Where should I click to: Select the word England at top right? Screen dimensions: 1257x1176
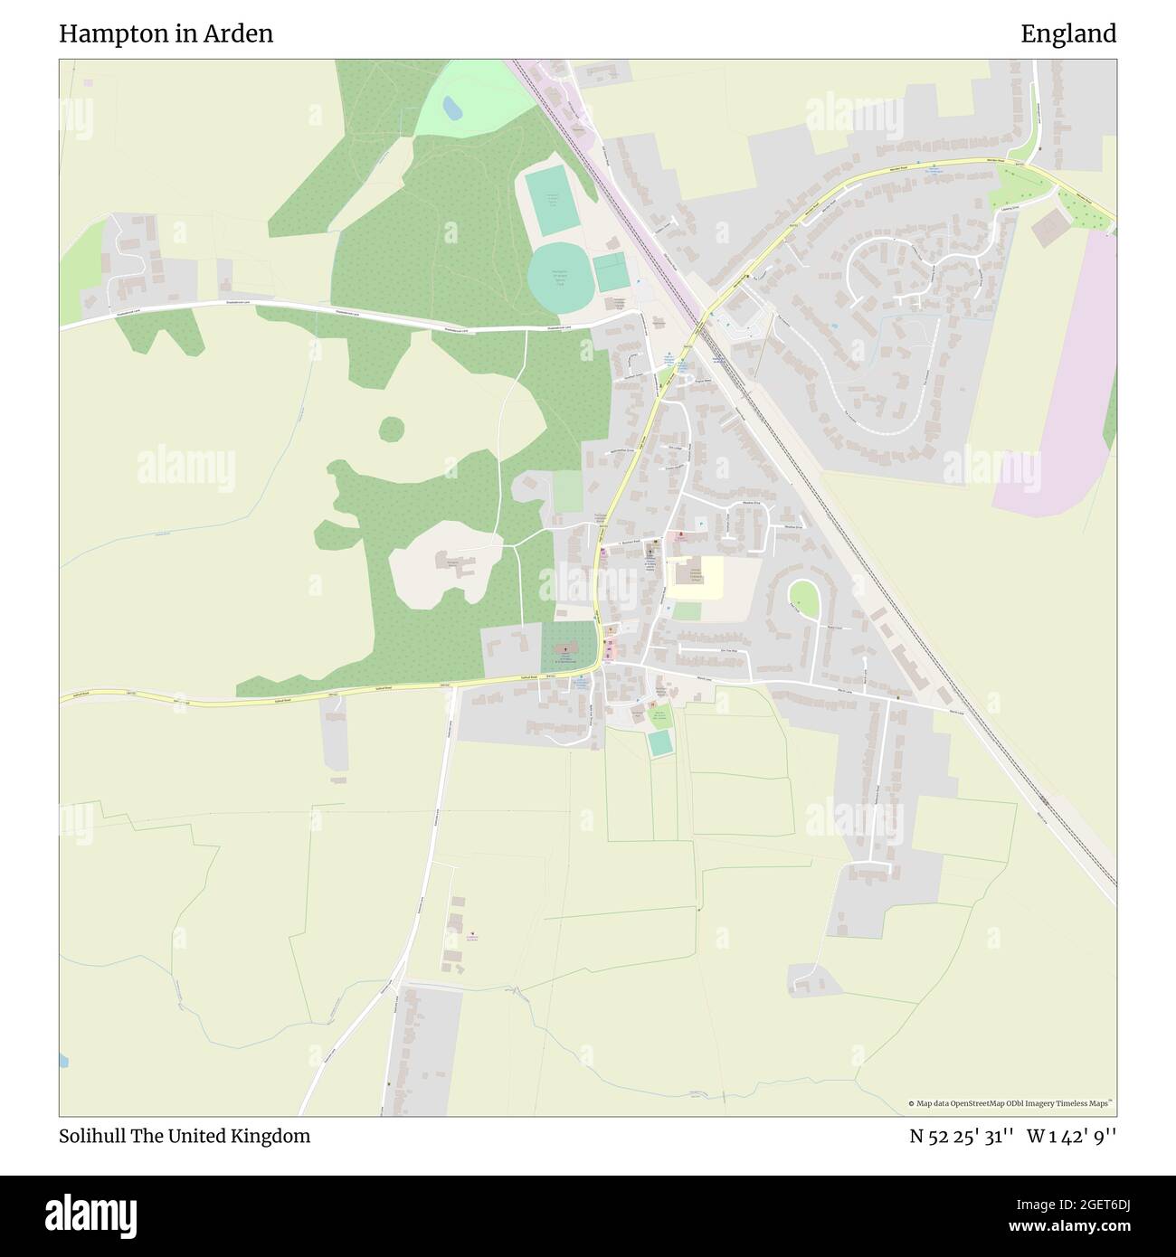click(x=1068, y=34)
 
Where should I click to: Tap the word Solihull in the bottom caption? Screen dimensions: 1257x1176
click(x=94, y=1136)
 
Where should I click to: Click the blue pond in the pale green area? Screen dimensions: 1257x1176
click(x=451, y=109)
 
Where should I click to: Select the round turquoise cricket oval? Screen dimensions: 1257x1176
click(x=558, y=277)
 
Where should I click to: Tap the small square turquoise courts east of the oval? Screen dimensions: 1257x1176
click(x=611, y=272)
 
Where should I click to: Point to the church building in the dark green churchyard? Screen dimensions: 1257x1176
click(x=567, y=650)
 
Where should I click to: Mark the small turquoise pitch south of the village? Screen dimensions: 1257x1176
click(x=660, y=742)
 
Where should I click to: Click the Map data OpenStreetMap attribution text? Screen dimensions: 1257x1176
click(x=1010, y=1103)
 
